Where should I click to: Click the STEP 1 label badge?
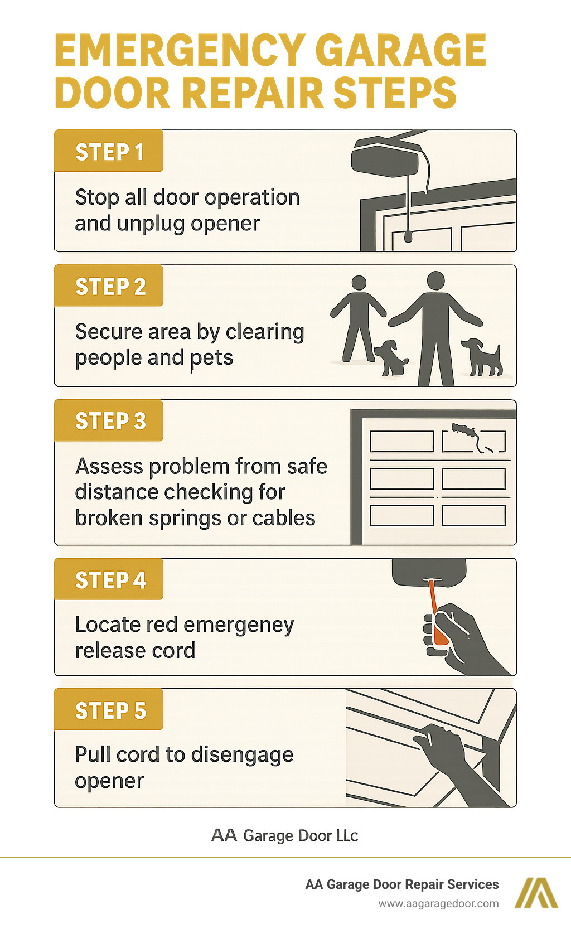pos(109,151)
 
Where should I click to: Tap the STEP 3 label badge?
pos(109,421)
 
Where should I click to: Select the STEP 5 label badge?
pos(109,710)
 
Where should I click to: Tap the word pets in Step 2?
pos(211,357)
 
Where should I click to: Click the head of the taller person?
pos(435,280)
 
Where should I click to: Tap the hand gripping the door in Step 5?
pos(441,741)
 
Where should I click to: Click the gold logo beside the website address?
pos(535,893)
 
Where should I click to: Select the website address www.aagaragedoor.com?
pos(438,903)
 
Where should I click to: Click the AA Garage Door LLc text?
pos(284,835)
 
